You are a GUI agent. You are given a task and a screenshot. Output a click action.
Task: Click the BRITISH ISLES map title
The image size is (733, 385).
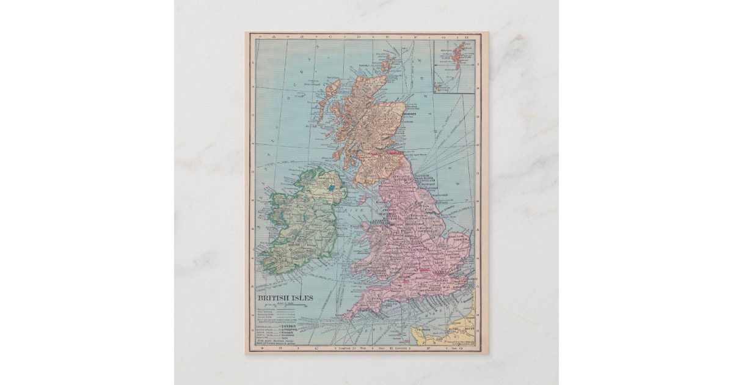285,298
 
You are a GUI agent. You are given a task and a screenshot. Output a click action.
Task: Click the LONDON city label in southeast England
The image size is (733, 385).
441,271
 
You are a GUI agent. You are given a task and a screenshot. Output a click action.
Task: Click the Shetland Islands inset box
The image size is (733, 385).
454,66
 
